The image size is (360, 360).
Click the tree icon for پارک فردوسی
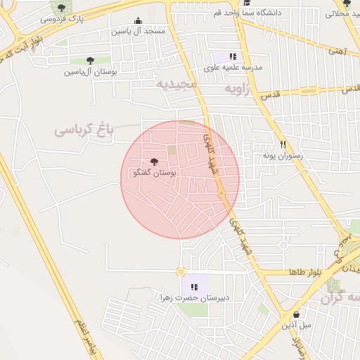coord(61,8)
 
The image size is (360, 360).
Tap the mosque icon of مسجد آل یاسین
coord(138,21)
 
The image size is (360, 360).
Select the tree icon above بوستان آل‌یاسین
coord(89,61)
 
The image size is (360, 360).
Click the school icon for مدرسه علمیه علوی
coord(233,56)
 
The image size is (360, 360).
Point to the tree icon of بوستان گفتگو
coord(155,162)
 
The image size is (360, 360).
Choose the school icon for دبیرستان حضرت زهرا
coord(194,286)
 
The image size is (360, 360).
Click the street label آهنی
coord(337,51)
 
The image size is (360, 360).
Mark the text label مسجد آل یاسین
coord(138,32)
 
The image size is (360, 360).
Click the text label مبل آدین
coord(296,326)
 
